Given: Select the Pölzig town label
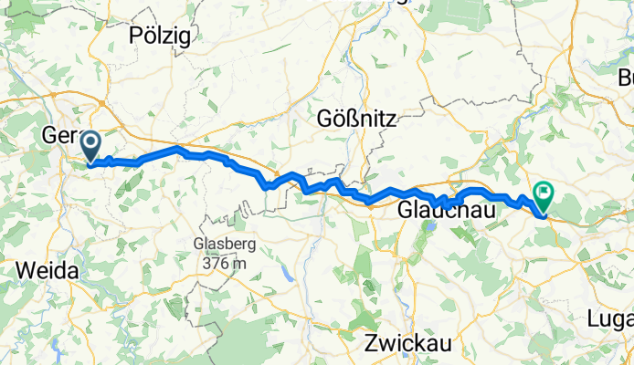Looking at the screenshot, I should (159, 36).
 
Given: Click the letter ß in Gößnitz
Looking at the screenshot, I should (350, 118).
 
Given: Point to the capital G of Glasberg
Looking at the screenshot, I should (197, 245).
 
